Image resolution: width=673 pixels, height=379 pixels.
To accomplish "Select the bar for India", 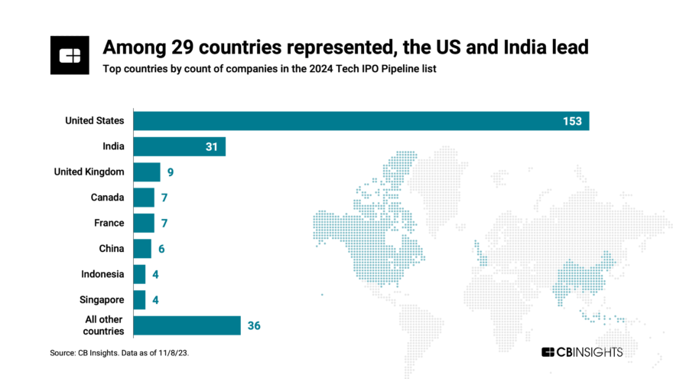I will [180, 146].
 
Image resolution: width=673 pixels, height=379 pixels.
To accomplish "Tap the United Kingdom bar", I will [147, 172].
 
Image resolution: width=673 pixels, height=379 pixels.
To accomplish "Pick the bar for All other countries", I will [187, 325].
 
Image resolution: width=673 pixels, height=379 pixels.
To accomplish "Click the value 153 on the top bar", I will [572, 121].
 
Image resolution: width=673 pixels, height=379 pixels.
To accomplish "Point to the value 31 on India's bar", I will [213, 146].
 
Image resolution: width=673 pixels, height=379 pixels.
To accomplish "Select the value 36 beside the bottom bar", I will [254, 325].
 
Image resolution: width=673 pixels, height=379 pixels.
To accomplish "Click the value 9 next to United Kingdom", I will [171, 172].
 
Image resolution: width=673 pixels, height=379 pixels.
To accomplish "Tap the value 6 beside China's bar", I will [161, 249].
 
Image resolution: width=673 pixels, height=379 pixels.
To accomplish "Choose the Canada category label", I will [108, 198].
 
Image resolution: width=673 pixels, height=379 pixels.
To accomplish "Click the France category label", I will [109, 223].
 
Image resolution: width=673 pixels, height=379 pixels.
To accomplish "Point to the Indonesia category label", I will [103, 274].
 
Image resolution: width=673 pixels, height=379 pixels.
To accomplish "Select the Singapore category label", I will [102, 299].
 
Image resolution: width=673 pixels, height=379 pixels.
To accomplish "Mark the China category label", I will [111, 249].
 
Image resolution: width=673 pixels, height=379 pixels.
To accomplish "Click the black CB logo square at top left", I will [70, 54].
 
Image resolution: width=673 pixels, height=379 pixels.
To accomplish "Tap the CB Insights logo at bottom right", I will [582, 352].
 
